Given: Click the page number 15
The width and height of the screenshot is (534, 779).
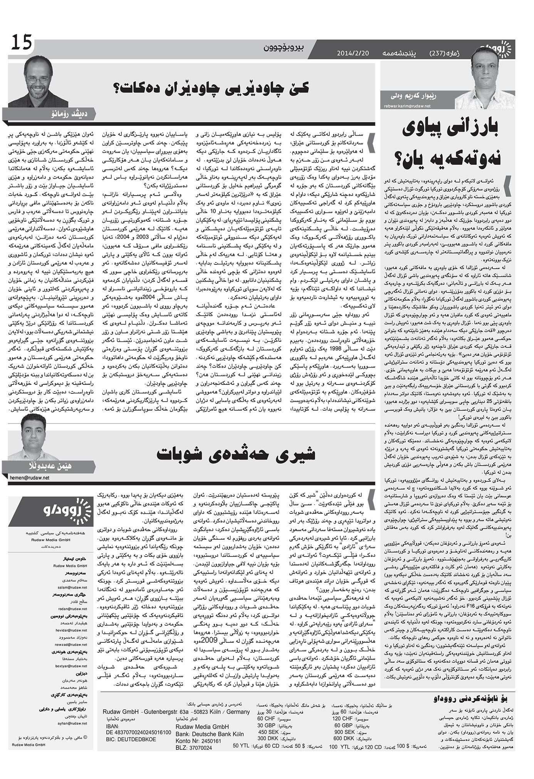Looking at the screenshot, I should (22, 42).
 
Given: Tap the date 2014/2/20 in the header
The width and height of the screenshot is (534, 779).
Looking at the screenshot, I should (352, 53).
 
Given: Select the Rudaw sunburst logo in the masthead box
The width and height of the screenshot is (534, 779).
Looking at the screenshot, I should (82, 510).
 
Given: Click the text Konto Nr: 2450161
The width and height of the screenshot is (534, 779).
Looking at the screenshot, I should (198, 741).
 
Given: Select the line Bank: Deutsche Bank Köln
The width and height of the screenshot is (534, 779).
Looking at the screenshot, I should (209, 734).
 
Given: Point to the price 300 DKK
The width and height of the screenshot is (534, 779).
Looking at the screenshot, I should (267, 739).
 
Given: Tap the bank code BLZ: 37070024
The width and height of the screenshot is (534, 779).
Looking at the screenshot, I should (194, 748).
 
